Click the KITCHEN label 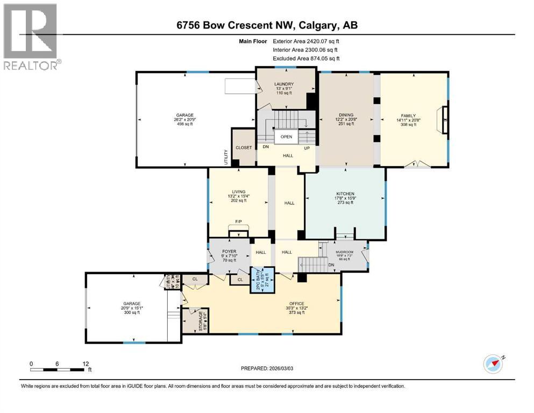point(345,194)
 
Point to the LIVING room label point(238,191)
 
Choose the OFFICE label point(297,303)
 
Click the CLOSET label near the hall point(244,147)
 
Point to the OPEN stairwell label point(287,137)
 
